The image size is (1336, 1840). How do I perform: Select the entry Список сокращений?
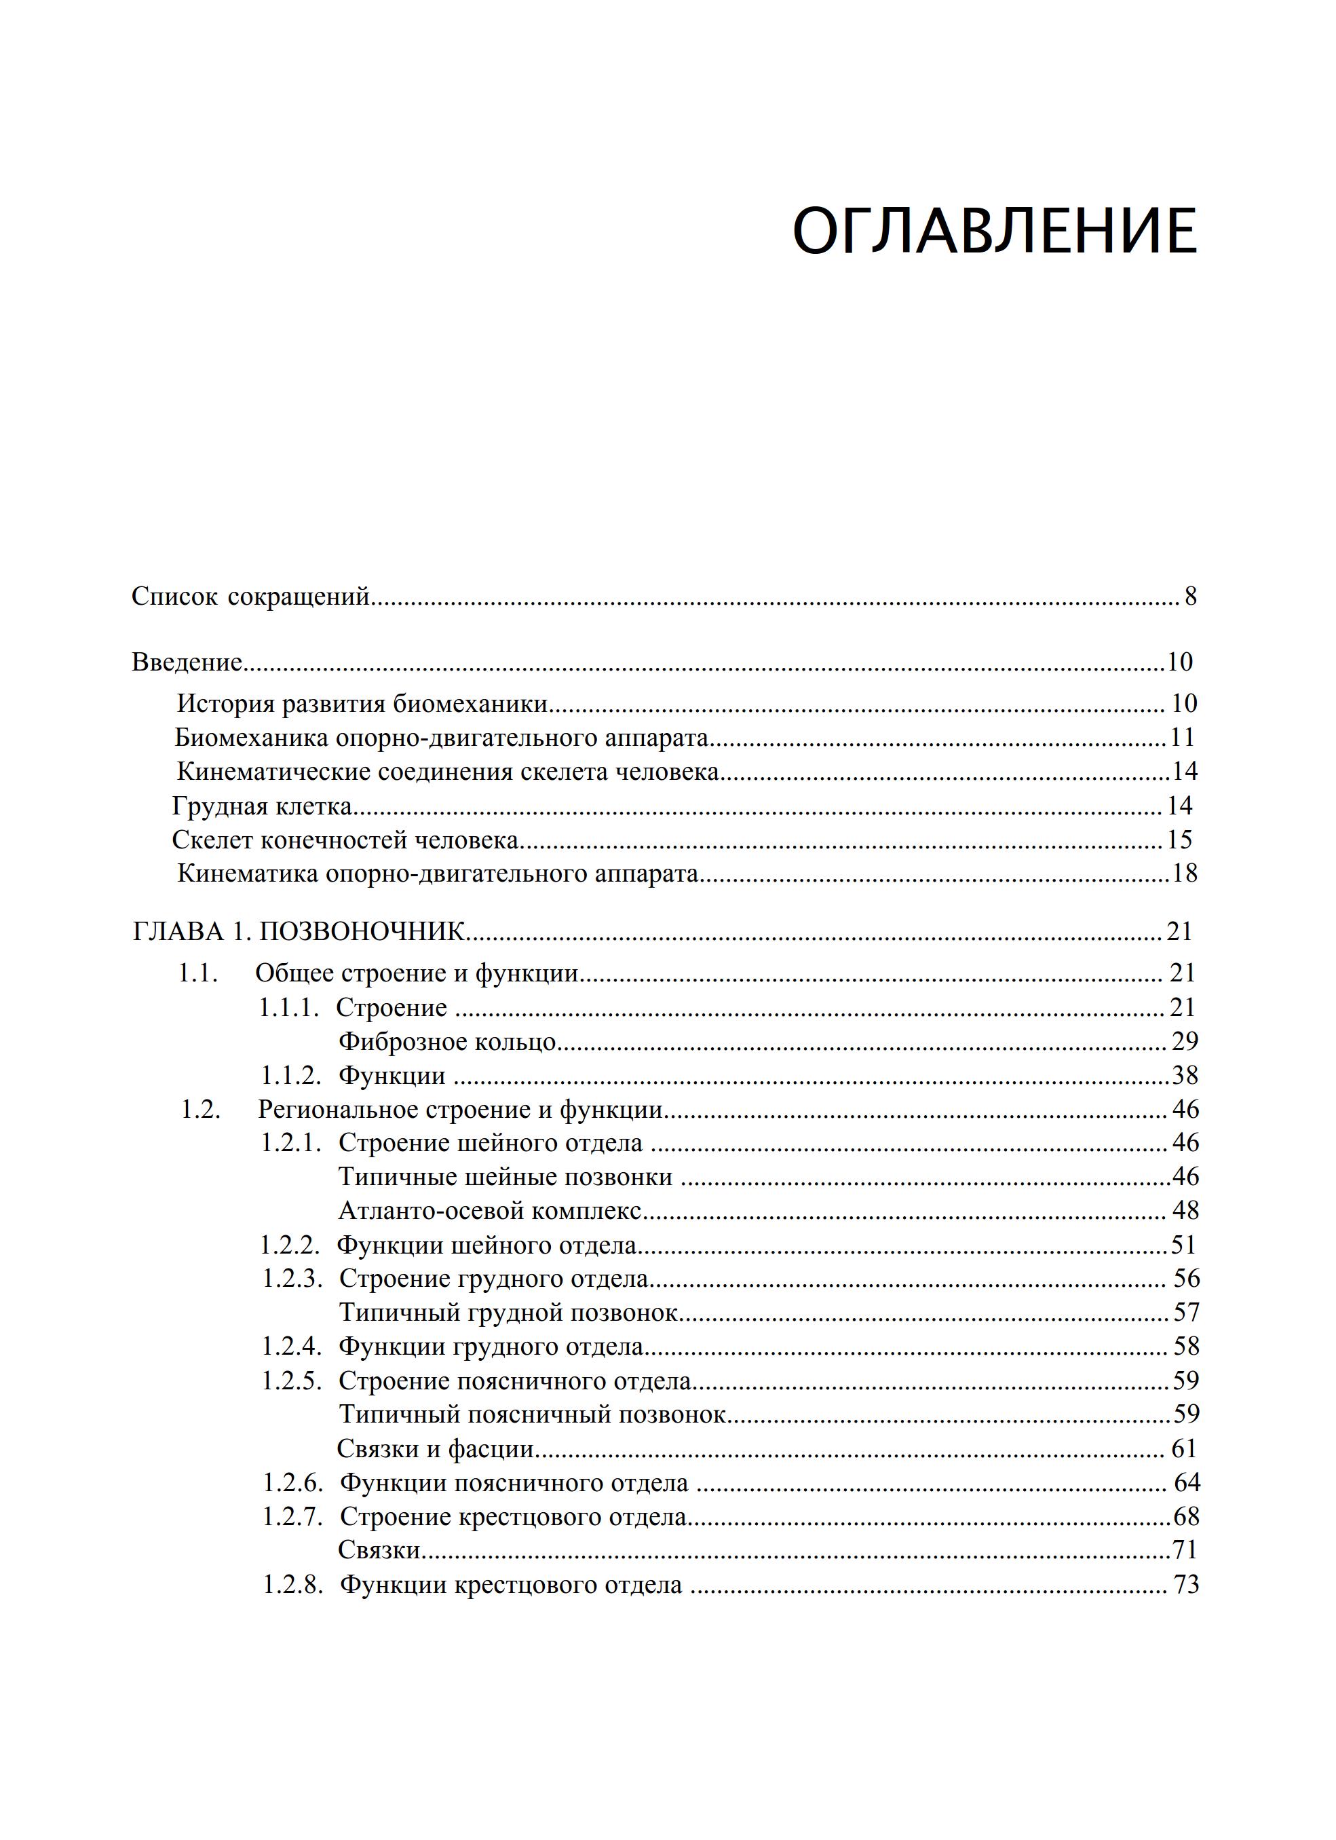click(x=250, y=597)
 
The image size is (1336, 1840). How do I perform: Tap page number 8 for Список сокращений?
click(x=1190, y=597)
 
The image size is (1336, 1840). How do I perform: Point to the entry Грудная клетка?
click(x=262, y=806)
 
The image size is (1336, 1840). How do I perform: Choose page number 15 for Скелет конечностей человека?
click(x=1179, y=840)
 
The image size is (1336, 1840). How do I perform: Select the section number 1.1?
click(x=199, y=973)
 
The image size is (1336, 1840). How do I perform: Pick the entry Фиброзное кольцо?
click(x=447, y=1041)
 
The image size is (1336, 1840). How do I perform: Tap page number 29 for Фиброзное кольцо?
click(x=1184, y=1041)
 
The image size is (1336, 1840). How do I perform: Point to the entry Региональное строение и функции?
click(x=461, y=1109)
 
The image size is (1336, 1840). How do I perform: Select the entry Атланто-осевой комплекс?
click(x=490, y=1212)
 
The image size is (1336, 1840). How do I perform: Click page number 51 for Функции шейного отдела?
click(x=1183, y=1245)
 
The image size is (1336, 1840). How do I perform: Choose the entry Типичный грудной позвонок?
click(x=508, y=1312)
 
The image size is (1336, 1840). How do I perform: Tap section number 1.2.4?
click(x=292, y=1346)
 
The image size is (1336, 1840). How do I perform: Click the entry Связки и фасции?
click(x=436, y=1448)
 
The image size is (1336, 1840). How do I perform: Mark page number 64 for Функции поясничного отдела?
click(x=1187, y=1482)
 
